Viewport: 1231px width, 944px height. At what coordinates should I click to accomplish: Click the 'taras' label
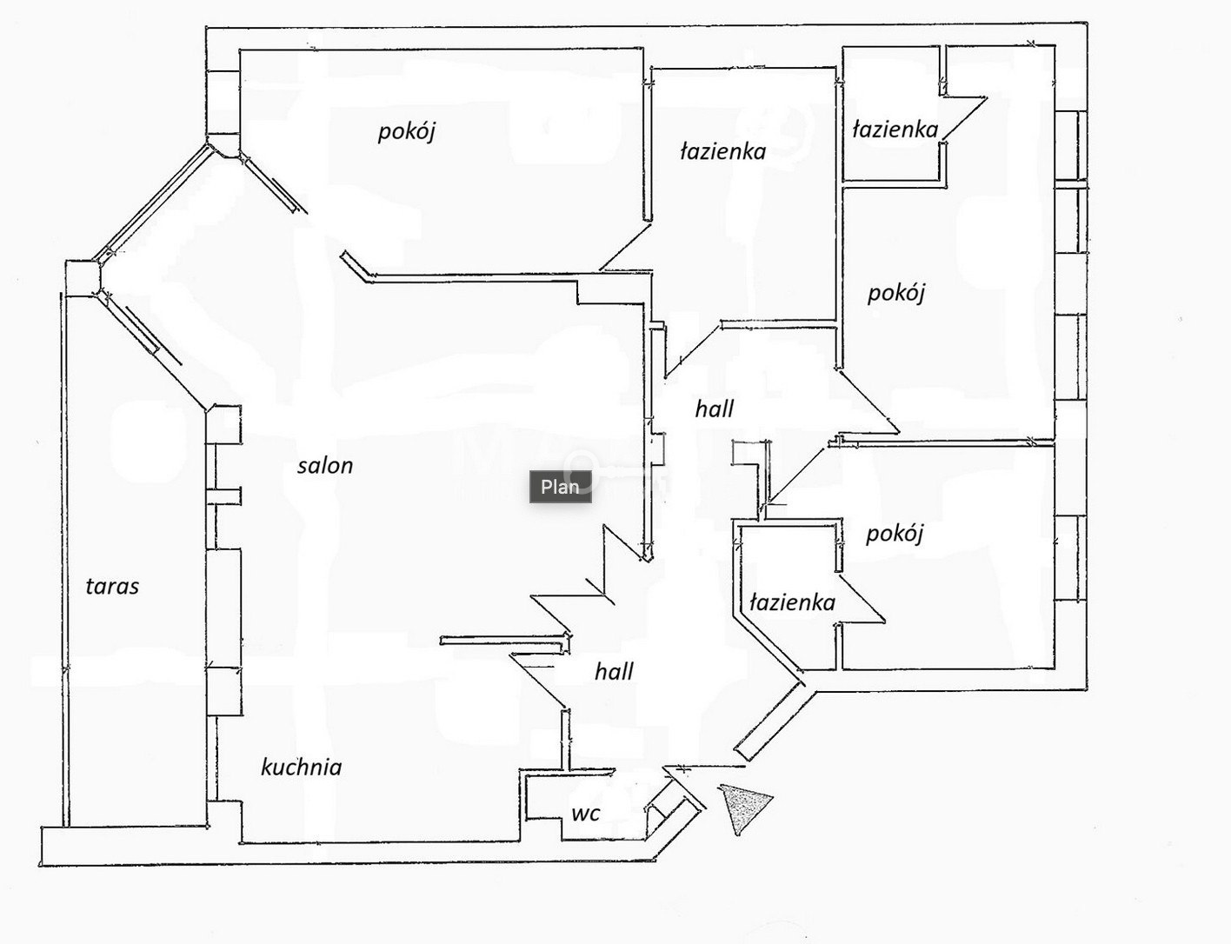click(112, 587)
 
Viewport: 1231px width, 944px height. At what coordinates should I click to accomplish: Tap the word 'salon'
click(325, 466)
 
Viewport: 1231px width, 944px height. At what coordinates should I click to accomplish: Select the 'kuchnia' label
click(302, 768)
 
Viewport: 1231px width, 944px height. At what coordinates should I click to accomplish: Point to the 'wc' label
click(586, 814)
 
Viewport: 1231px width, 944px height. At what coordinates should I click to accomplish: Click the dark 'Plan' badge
click(560, 487)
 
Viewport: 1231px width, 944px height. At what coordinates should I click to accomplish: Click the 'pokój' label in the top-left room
click(407, 132)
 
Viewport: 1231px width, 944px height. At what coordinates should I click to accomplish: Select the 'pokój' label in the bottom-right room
click(895, 534)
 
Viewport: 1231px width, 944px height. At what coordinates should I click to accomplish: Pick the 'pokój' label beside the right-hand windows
click(896, 293)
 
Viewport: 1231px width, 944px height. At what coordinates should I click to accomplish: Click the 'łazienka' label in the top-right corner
click(895, 130)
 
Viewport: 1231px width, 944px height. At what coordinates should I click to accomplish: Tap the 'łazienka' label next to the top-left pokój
click(723, 151)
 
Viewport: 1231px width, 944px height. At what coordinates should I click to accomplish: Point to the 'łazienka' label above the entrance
click(793, 602)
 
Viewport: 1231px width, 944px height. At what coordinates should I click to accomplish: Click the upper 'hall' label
click(715, 409)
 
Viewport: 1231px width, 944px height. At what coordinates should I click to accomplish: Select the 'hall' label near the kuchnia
click(614, 672)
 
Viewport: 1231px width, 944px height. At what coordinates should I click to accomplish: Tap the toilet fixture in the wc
click(659, 814)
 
